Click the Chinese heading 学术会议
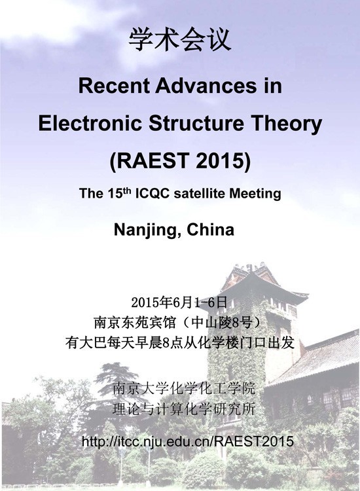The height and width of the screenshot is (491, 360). click(x=180, y=40)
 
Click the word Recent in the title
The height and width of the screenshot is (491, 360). click(x=115, y=86)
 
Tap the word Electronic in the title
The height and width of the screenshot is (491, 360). click(x=90, y=123)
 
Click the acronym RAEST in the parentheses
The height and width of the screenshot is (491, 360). click(x=153, y=160)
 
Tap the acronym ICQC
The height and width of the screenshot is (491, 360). click(x=153, y=193)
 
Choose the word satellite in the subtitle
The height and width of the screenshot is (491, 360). click(x=200, y=193)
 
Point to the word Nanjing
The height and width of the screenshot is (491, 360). click(x=148, y=230)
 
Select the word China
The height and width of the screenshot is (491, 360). click(x=210, y=230)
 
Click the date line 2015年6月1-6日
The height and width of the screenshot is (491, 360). click(x=179, y=302)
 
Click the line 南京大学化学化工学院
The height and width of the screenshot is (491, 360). click(x=184, y=389)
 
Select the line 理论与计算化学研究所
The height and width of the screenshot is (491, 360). click(x=184, y=409)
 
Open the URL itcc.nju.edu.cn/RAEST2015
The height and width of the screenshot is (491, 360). click(x=188, y=441)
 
